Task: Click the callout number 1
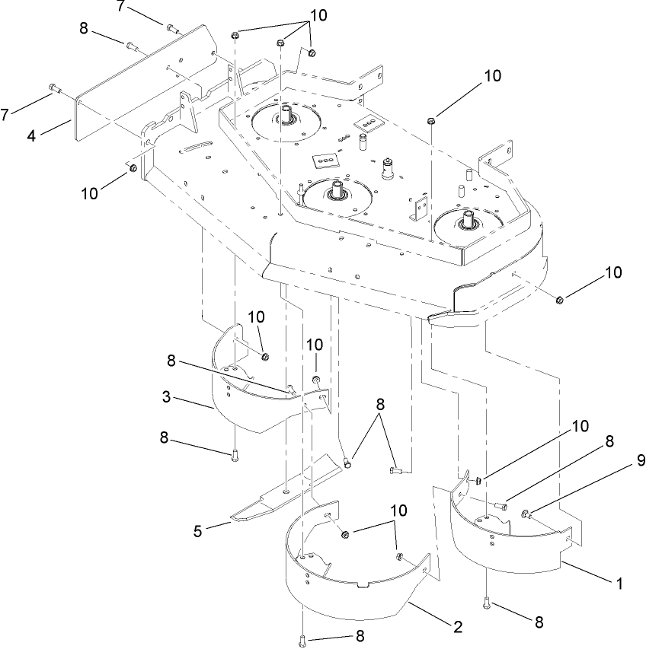[x=619, y=584]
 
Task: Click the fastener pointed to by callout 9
[x=526, y=516]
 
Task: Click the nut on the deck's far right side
[x=558, y=300]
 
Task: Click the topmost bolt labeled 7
[x=171, y=30]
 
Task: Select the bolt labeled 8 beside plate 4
[x=131, y=46]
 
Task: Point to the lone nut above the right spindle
[x=431, y=119]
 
